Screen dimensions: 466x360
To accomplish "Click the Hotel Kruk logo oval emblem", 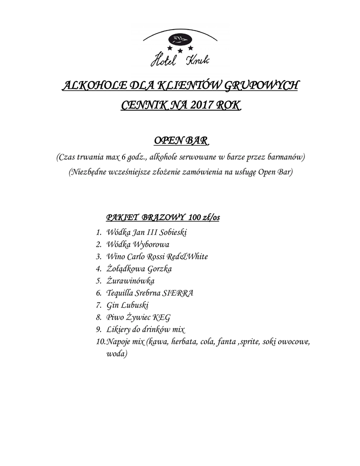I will click(180, 38).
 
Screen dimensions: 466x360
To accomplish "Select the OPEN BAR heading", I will click(179, 140).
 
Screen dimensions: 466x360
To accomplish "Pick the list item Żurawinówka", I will click(130, 281).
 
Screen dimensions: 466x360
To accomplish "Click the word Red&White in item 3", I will click(187, 257).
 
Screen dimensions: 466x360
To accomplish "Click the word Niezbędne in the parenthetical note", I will click(88, 172).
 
